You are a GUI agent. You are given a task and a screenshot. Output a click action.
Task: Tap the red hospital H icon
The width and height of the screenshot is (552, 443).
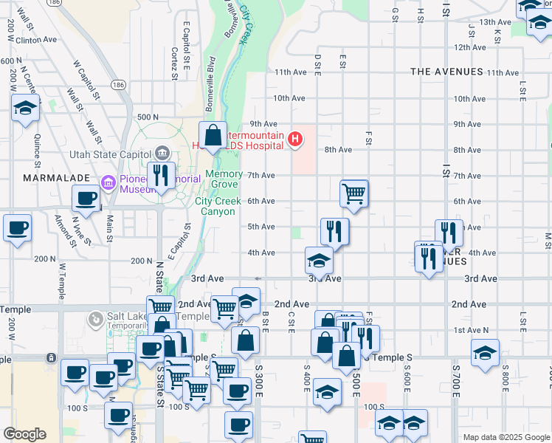[295, 138]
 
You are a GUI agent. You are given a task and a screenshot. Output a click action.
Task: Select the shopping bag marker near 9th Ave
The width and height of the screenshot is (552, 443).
[213, 136]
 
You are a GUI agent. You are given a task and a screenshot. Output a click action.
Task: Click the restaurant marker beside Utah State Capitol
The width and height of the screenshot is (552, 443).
[159, 176]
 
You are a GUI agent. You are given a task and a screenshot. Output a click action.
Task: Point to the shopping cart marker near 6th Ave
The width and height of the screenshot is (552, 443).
[354, 193]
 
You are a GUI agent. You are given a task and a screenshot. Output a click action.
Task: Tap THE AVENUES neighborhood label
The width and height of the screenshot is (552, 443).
[446, 72]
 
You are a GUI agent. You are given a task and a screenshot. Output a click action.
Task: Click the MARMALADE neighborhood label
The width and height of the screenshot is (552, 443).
[56, 178]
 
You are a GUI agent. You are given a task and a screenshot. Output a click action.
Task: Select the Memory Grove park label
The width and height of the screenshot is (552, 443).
[224, 179]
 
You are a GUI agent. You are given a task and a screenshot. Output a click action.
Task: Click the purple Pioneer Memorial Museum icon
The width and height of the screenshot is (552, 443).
[109, 182]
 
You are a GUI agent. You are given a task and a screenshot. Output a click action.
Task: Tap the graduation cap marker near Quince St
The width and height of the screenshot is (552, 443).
[25, 109]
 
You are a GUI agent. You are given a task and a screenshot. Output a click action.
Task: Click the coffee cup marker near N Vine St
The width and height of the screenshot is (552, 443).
[86, 198]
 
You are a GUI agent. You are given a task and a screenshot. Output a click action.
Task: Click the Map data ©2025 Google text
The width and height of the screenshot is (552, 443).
[506, 437]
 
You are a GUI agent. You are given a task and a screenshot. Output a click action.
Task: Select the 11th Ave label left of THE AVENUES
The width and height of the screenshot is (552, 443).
[290, 72]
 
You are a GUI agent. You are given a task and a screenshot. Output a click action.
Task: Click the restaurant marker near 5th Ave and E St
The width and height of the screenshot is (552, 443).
[335, 232]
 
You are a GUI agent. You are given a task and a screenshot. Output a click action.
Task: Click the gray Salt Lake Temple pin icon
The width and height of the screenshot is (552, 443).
[94, 320]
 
